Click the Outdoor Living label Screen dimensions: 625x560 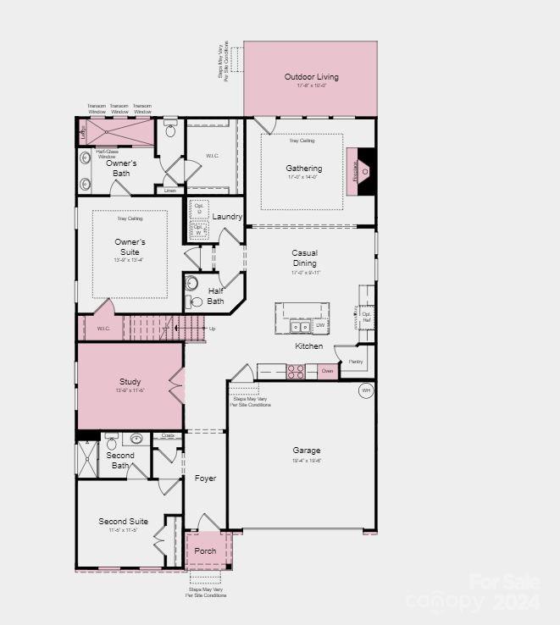pyautogui.click(x=311, y=77)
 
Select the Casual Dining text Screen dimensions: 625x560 pyautogui.click(x=304, y=258)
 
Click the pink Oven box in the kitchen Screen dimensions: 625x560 pyautogui.click(x=327, y=370)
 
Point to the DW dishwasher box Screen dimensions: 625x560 pyautogui.click(x=320, y=325)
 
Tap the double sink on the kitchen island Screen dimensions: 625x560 pyautogui.click(x=299, y=326)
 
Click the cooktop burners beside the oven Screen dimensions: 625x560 pyautogui.click(x=296, y=370)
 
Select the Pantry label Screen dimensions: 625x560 pyautogui.click(x=355, y=362)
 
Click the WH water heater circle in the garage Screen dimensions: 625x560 pyautogui.click(x=366, y=390)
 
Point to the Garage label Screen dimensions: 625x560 pyautogui.click(x=307, y=451)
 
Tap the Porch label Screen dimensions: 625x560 pyautogui.click(x=205, y=550)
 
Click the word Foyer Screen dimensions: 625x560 pyautogui.click(x=205, y=478)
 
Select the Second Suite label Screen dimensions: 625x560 pyautogui.click(x=123, y=522)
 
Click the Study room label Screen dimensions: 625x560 pyautogui.click(x=130, y=382)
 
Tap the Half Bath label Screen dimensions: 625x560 pyautogui.click(x=215, y=296)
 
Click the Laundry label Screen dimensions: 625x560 pyautogui.click(x=227, y=217)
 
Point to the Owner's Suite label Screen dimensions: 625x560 pyautogui.click(x=130, y=246)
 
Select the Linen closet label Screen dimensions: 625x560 pyautogui.click(x=170, y=191)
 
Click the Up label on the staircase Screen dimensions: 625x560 pyautogui.click(x=212, y=329)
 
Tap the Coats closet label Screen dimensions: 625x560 pyautogui.click(x=168, y=436)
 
